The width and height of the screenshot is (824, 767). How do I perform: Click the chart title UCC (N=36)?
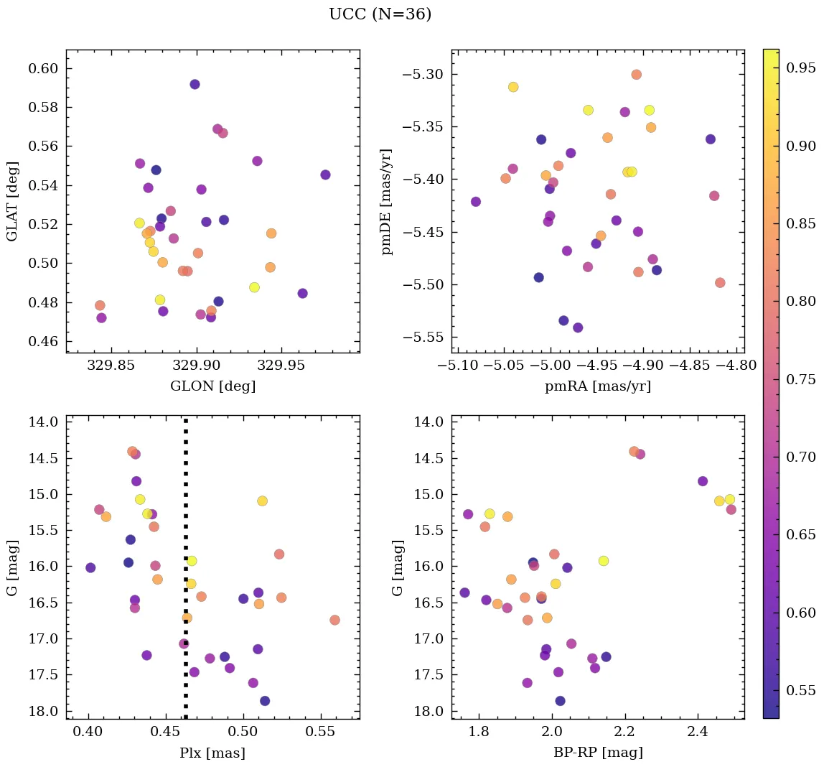coord(380,14)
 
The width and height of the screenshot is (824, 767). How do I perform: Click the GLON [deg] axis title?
coord(212,386)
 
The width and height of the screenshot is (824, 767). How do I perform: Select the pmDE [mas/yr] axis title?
coord(388,201)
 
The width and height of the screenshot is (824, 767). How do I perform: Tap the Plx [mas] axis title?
coord(212,753)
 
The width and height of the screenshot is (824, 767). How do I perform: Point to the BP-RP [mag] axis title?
coord(597,753)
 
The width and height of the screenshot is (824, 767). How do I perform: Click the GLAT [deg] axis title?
coord(12,201)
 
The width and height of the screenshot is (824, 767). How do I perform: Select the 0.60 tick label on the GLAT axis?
coord(43,69)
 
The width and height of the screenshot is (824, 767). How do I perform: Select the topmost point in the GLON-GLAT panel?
coord(195,84)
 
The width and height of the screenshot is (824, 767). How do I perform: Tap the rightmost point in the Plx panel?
coord(334,620)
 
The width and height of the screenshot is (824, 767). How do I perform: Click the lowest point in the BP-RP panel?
coord(560,701)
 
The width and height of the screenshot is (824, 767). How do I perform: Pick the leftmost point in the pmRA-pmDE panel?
coord(475,202)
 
